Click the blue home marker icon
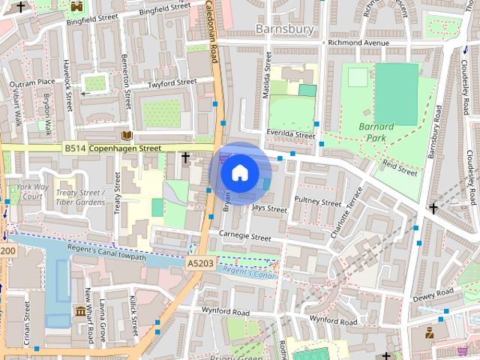point(238,172)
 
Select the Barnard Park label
point(375,132)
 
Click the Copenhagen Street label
point(125,148)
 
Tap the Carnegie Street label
point(244,237)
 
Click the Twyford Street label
point(172,82)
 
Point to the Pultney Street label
point(318,201)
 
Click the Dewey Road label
point(433,293)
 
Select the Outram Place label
point(31,82)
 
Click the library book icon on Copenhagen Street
point(126,136)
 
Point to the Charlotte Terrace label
point(346,212)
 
